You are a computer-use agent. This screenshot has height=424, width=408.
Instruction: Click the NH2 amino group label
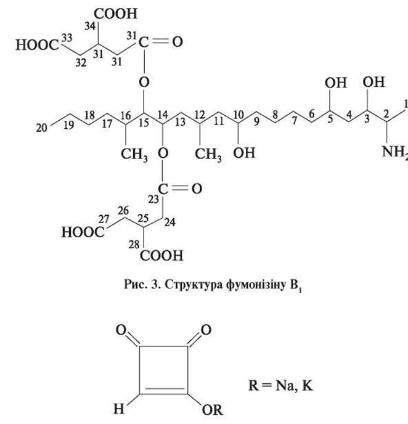click(x=395, y=152)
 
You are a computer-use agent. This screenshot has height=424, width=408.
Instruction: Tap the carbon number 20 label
click(x=41, y=128)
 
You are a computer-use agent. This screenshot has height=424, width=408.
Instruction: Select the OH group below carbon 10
click(x=244, y=153)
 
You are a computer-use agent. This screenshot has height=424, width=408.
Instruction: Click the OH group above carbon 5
click(x=335, y=83)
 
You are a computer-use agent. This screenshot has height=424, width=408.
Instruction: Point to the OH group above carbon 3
click(x=373, y=82)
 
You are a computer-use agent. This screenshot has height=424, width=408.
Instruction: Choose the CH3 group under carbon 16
click(x=134, y=155)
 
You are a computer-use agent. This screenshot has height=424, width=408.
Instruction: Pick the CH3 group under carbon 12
click(x=208, y=155)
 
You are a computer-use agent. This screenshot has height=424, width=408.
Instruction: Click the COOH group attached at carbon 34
click(x=116, y=14)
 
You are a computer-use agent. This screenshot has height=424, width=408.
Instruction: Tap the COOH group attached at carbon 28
click(x=161, y=256)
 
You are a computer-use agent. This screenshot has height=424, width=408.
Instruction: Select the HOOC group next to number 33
click(x=38, y=45)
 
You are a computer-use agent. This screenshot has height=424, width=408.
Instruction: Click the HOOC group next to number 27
click(x=83, y=232)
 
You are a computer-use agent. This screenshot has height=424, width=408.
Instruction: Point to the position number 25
click(x=144, y=219)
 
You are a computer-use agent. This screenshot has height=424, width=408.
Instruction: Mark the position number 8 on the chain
click(x=275, y=115)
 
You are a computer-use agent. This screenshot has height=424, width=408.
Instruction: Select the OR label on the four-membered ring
click(x=212, y=410)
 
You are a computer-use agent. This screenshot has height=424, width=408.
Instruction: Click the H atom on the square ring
click(x=119, y=409)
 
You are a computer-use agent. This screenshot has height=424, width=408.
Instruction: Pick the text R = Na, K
click(x=280, y=385)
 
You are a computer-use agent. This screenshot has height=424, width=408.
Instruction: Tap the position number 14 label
click(x=163, y=115)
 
